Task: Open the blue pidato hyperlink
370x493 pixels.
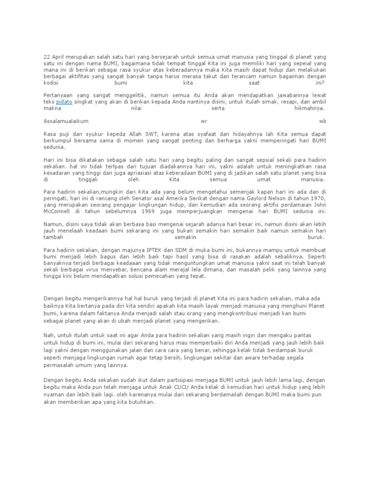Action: (64, 102)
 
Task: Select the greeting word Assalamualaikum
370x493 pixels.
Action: (66, 121)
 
